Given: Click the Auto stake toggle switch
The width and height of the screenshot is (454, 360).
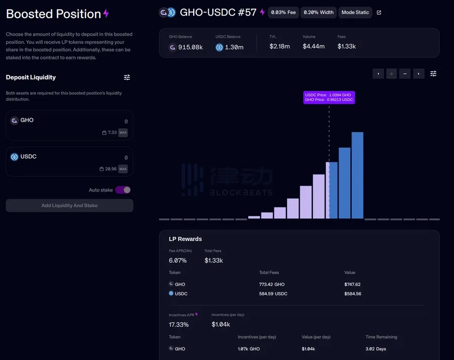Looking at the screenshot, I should click(123, 190).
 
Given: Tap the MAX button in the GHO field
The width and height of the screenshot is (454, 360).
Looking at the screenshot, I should click(123, 133).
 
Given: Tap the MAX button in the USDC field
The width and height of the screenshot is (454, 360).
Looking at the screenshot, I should click(123, 169).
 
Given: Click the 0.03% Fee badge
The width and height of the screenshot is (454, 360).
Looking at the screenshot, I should click(283, 12).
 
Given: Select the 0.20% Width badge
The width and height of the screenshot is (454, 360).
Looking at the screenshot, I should click(318, 12).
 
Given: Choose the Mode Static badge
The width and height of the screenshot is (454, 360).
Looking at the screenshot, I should click(355, 12).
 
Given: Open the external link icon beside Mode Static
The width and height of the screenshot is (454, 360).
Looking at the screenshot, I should click(379, 13).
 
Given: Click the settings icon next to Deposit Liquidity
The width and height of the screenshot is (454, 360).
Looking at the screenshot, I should click(127, 77).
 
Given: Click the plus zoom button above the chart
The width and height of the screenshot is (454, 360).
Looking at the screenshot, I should click(391, 74).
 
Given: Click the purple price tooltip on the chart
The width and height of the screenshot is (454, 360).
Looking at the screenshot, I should click(329, 97).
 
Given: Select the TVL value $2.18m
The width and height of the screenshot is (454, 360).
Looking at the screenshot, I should click(279, 46).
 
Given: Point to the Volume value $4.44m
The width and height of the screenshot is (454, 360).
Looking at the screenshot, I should click(313, 46).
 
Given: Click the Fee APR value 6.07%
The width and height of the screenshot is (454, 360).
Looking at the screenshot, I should click(178, 261).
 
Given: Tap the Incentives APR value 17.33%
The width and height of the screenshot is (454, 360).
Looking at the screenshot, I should click(179, 325).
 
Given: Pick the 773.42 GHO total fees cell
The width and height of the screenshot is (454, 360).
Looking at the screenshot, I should click(272, 284).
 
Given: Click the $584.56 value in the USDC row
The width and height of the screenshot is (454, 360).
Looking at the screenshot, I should click(353, 293).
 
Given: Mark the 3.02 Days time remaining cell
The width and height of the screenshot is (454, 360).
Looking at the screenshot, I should click(376, 349).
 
